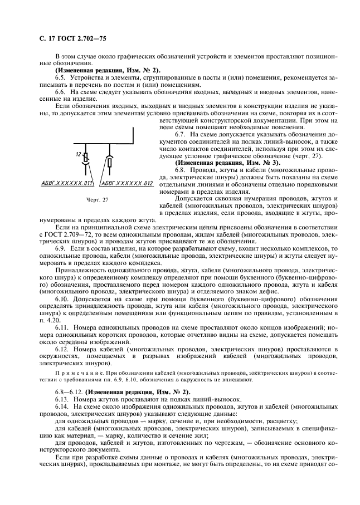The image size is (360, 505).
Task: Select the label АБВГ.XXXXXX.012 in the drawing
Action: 127,183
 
